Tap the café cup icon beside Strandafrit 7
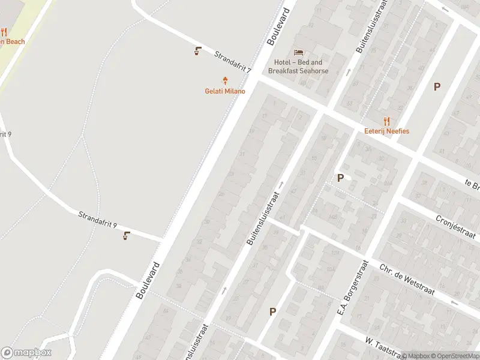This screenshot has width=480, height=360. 197,51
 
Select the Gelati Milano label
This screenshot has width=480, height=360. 225,91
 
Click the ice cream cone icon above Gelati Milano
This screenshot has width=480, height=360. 226,80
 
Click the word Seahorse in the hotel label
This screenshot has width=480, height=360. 315,71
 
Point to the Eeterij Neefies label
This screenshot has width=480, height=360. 386,131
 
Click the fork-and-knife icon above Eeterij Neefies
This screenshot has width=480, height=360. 386,121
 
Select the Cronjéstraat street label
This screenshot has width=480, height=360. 455,227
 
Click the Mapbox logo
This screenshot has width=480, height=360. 26,353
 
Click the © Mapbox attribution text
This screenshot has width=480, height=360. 415,356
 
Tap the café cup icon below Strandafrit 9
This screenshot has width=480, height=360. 126,236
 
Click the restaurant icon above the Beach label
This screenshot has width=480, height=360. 3,32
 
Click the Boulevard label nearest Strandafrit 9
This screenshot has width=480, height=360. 147,280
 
